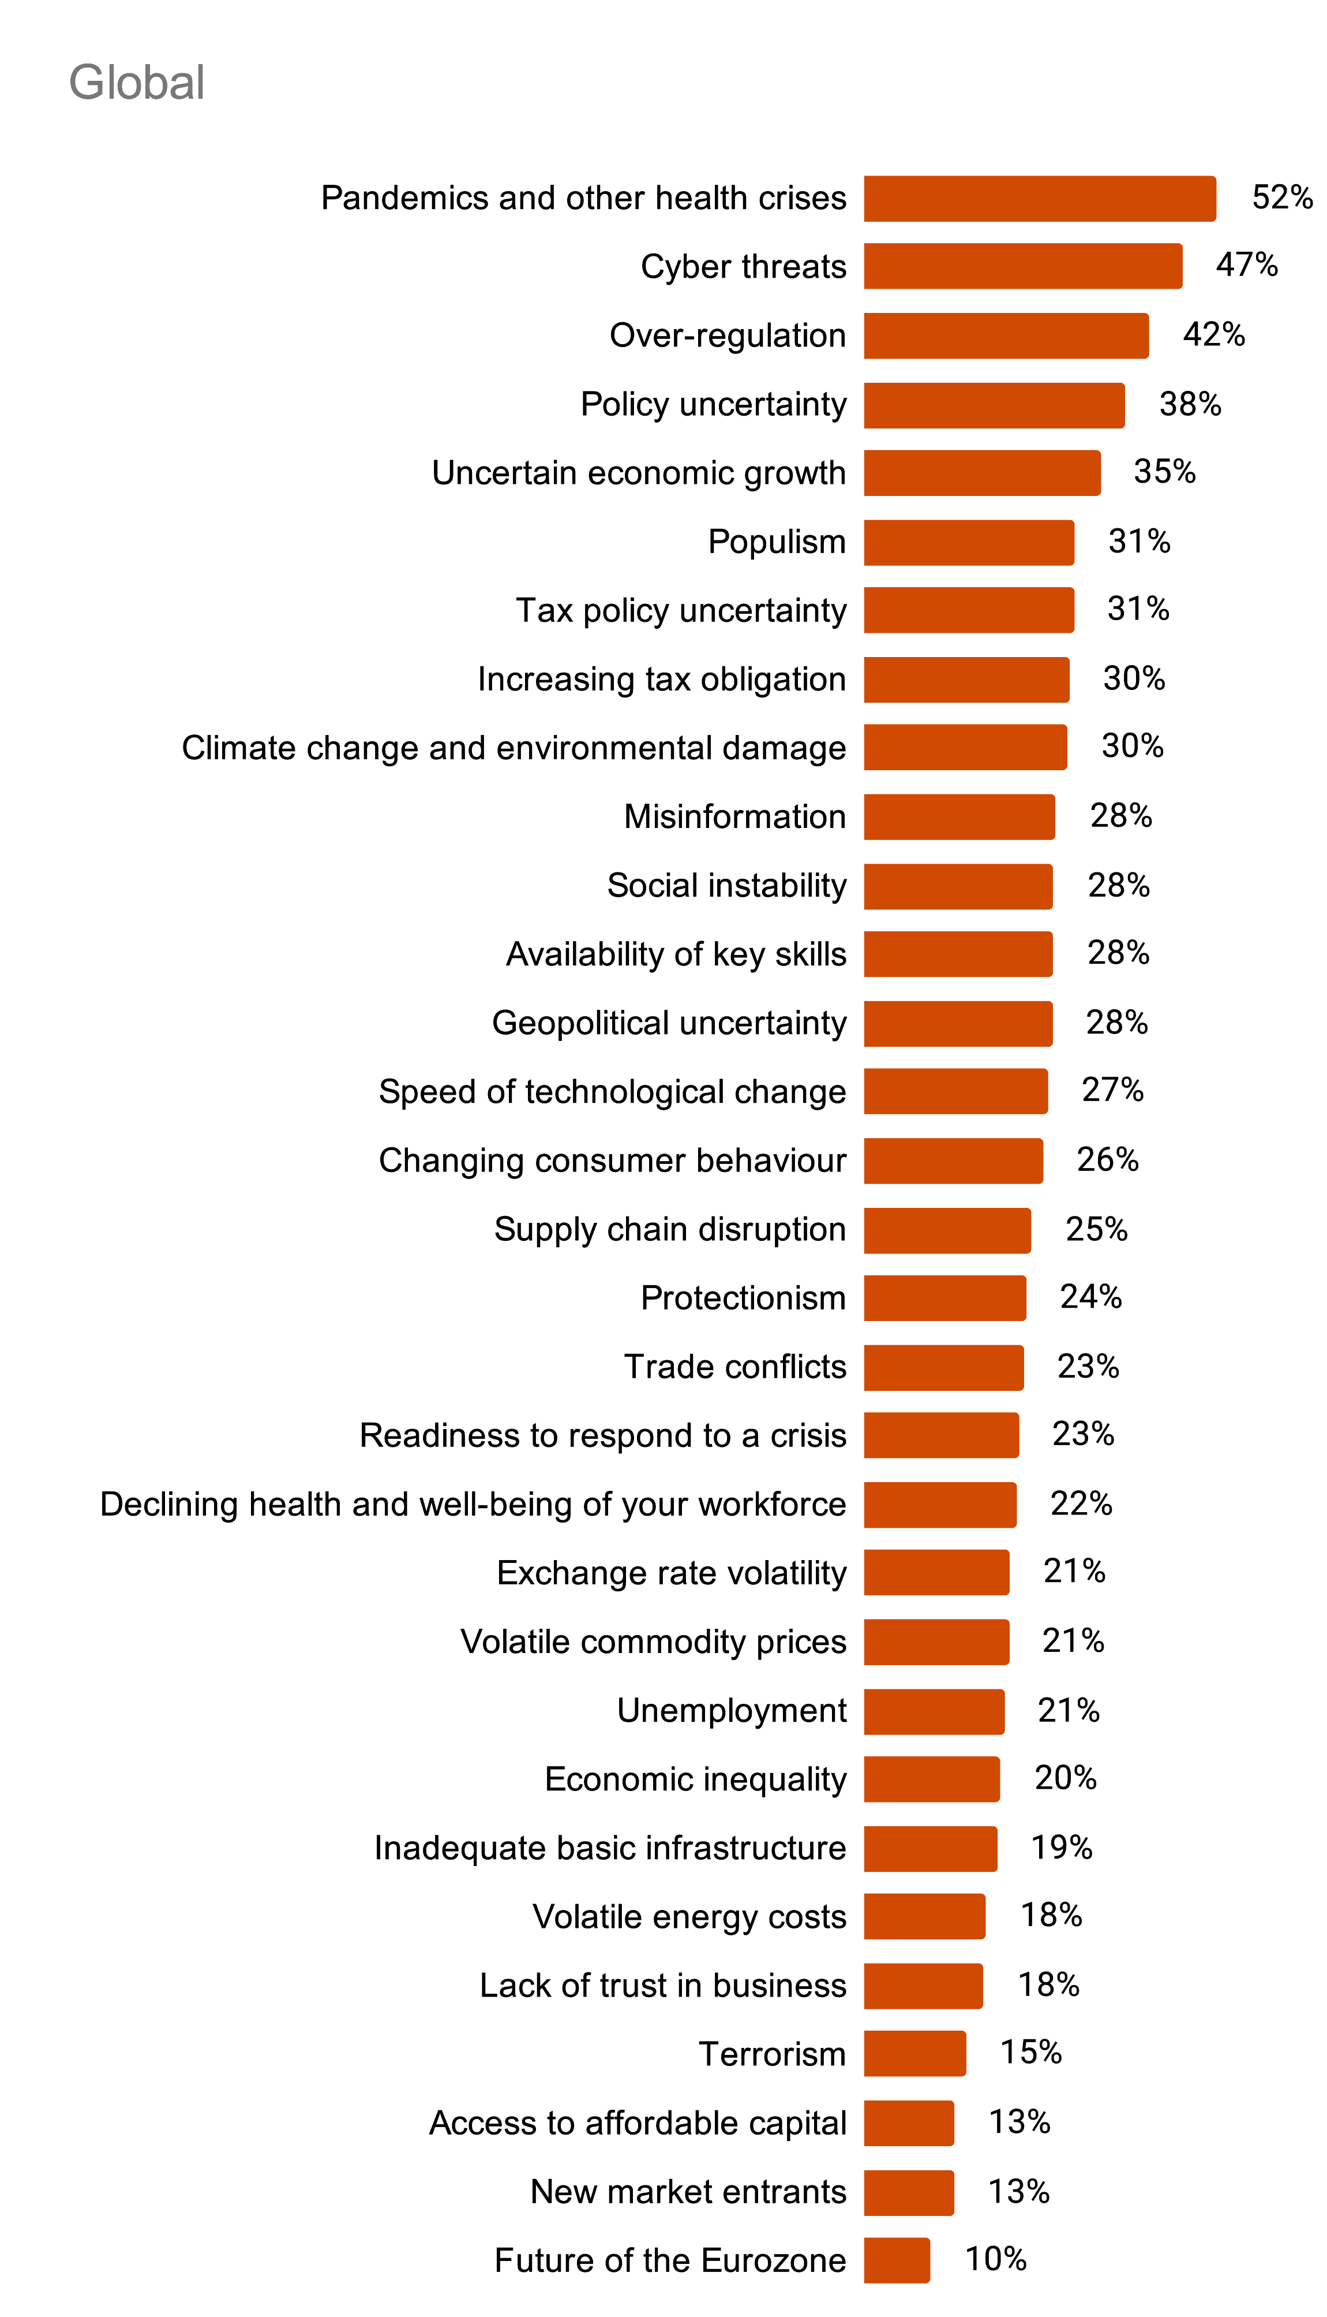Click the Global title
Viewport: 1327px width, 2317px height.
pos(137,83)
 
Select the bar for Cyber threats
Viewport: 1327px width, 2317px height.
pos(1022,266)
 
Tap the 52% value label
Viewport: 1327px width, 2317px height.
pos(1281,197)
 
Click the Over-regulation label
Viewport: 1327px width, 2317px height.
pos(728,335)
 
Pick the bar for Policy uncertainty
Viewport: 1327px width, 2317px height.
pos(994,405)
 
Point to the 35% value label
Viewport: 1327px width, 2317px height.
pos(1164,471)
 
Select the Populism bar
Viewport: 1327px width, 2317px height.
pos(969,543)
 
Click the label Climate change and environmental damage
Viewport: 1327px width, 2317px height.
pos(513,748)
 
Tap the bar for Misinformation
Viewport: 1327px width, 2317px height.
pos(959,817)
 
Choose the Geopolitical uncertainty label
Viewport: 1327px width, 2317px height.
pos(669,1023)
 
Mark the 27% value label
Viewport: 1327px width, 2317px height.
pos(1112,1090)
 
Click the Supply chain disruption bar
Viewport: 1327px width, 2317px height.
pos(947,1230)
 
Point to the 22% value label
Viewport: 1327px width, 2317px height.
pos(1081,1503)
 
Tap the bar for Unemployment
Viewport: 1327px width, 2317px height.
pos(934,1711)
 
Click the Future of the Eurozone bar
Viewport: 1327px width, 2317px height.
pos(897,2260)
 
